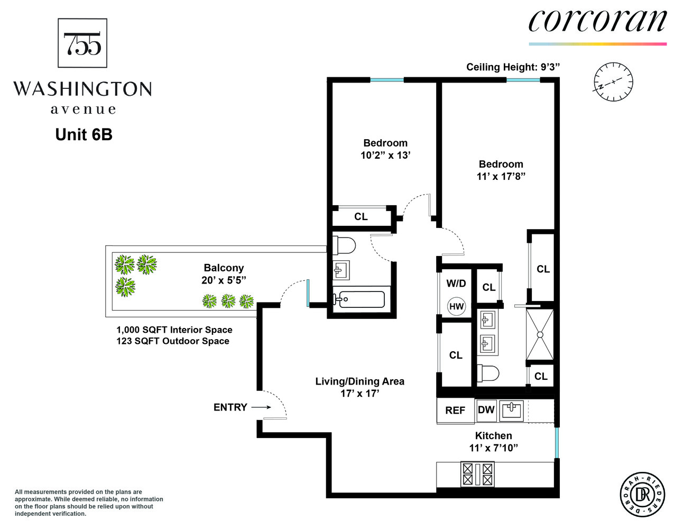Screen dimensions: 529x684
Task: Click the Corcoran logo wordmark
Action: tap(597, 22)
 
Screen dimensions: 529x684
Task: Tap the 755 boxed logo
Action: tap(82, 43)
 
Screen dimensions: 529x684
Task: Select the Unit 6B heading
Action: tap(84, 134)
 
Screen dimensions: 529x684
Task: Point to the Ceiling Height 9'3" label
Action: tap(512, 67)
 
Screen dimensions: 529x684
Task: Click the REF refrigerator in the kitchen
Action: tap(455, 411)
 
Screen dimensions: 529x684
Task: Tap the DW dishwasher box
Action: tap(486, 410)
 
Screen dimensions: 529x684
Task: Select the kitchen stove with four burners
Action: tap(477, 473)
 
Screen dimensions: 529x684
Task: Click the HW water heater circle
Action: tap(456, 306)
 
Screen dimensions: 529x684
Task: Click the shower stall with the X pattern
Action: tap(539, 334)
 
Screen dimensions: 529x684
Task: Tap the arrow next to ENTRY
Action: tap(261, 407)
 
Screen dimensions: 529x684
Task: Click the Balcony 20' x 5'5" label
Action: tap(224, 274)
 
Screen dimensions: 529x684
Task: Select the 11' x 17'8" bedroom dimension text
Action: tap(501, 176)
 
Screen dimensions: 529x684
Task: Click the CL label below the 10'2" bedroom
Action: tap(361, 216)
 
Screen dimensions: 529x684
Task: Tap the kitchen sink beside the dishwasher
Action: tap(511, 410)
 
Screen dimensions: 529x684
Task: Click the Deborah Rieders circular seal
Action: tap(642, 495)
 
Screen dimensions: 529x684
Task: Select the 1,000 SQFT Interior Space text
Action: tap(174, 330)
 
